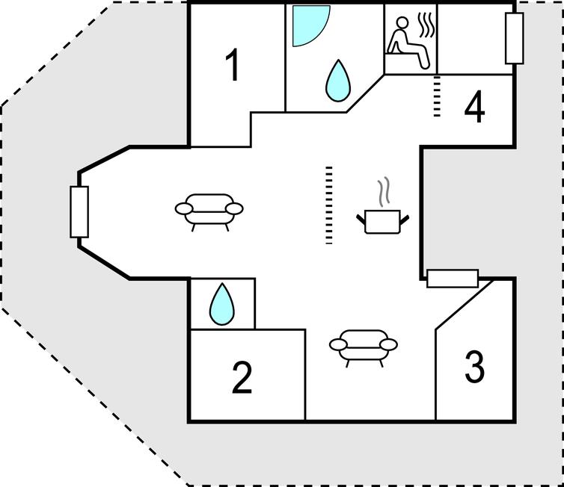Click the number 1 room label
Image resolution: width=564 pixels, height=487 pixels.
coord(233,65)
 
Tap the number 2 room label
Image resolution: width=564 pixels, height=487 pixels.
coord(242,378)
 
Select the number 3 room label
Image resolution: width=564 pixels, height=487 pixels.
coord(475,367)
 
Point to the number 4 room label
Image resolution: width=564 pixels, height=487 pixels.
coord(474,108)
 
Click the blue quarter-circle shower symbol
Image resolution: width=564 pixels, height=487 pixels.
coord(310,25)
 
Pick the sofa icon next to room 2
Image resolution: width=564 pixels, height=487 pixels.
coord(364,347)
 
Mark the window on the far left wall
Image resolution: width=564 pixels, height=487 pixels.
coord(79,212)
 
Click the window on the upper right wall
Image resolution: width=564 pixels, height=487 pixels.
coord(514,38)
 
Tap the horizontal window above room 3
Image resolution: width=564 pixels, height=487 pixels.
coord(453,279)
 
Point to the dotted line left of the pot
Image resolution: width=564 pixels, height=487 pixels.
coord(328,205)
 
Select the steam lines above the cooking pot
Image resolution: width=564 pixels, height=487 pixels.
coord(384,192)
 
